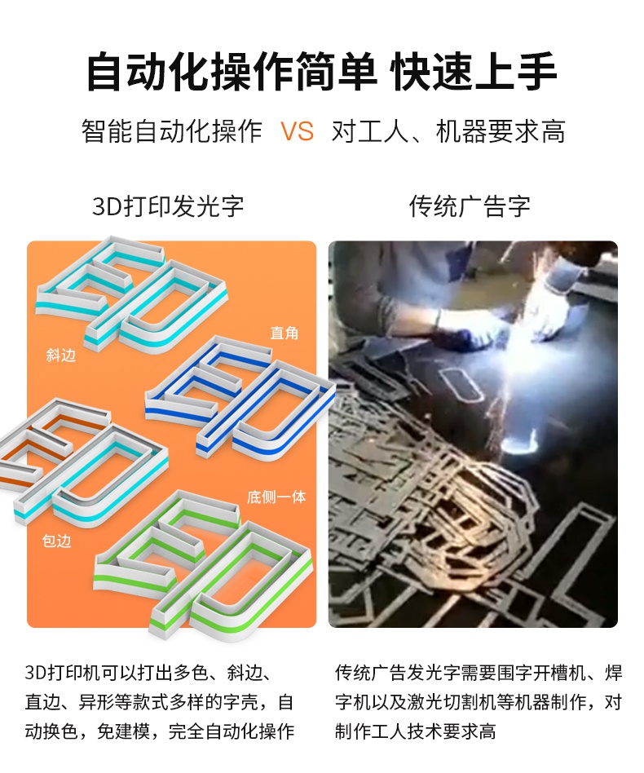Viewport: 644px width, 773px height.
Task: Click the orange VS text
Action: click(x=297, y=131)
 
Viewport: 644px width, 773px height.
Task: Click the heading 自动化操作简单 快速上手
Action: click(x=321, y=72)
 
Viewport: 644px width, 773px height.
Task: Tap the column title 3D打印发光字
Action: click(x=168, y=206)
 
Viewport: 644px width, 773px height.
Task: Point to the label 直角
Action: click(x=285, y=333)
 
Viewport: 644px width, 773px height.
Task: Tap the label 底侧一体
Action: click(x=276, y=497)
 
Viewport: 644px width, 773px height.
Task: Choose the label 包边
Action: click(x=57, y=541)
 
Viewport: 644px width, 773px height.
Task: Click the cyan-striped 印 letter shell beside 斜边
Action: click(x=130, y=294)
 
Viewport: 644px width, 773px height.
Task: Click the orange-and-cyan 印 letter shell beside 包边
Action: click(x=82, y=461)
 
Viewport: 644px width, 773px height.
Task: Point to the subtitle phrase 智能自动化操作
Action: click(x=172, y=131)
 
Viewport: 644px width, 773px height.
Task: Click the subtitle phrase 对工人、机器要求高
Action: click(x=448, y=131)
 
